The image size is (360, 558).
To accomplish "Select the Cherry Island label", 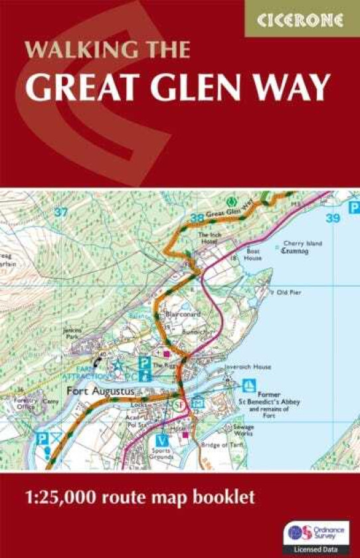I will click(302, 244).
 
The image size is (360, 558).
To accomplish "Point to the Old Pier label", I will click(289, 292).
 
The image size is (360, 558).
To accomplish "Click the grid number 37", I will click(61, 212).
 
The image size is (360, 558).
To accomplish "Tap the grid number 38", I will click(196, 217).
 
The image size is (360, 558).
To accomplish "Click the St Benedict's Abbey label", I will click(270, 402).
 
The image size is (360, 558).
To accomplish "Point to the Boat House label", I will click(253, 255).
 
